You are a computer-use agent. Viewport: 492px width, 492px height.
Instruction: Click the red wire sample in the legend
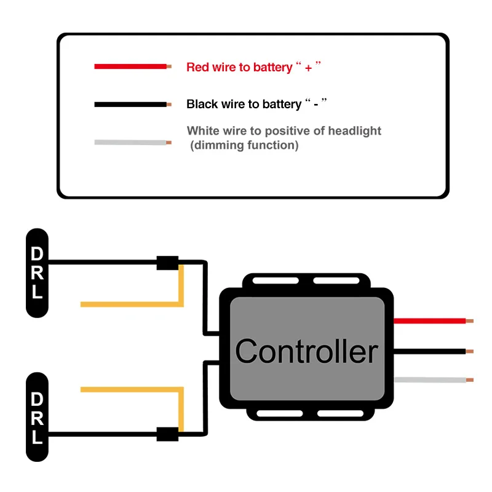click(x=130, y=66)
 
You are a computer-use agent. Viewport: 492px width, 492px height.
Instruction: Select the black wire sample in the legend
click(x=130, y=105)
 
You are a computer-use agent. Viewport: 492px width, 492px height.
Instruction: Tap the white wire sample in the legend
click(x=130, y=143)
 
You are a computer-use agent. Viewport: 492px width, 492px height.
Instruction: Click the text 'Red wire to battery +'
click(x=254, y=67)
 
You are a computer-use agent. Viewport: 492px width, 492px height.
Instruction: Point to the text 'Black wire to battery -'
click(x=256, y=104)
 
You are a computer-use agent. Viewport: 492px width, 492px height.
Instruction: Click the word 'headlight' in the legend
click(x=355, y=130)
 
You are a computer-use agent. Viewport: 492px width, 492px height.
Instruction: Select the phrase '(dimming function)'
click(x=244, y=146)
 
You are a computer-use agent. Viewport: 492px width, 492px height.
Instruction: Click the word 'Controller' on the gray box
click(x=306, y=351)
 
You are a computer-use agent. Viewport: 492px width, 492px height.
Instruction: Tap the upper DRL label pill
click(x=38, y=272)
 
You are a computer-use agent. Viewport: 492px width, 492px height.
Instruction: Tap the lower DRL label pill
click(x=38, y=416)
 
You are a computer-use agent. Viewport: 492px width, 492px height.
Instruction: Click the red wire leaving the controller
click(x=430, y=321)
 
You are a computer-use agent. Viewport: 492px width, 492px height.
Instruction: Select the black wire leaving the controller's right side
click(x=430, y=351)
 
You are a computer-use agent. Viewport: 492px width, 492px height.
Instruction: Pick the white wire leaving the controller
click(x=430, y=380)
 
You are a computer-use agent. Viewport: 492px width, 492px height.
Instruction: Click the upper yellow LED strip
click(x=132, y=304)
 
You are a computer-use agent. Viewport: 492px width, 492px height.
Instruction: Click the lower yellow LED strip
click(x=132, y=390)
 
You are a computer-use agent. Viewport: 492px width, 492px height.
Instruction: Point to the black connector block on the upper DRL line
click(x=167, y=263)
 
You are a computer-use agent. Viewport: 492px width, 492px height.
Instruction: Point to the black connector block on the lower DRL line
click(x=167, y=434)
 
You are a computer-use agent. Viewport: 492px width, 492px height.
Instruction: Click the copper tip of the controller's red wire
click(x=470, y=321)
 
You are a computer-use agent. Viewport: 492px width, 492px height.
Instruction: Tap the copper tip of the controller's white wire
click(x=470, y=380)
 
